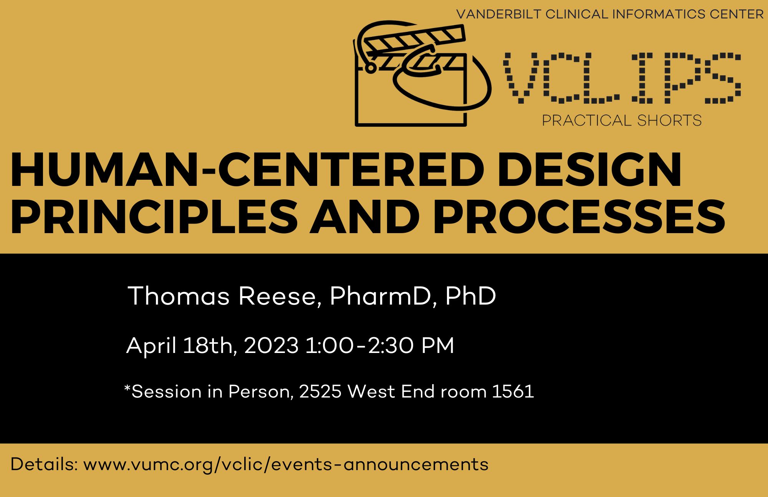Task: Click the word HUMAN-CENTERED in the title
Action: coord(247,169)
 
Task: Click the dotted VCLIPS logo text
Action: coord(622,78)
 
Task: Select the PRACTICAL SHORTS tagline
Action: coord(622,120)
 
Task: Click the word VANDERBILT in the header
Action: coord(499,14)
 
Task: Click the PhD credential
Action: coord(471,296)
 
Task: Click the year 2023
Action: coord(271,345)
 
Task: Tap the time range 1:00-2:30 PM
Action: coord(380,345)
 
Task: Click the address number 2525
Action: coord(320,391)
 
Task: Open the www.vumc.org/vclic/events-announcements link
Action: coord(286,464)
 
